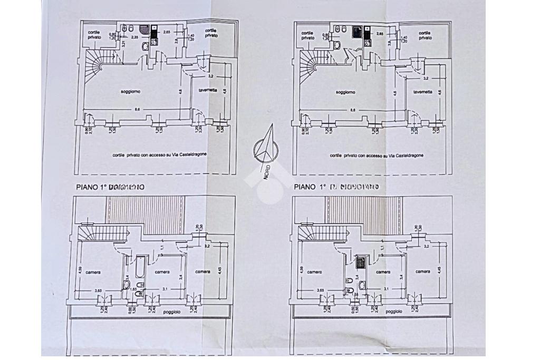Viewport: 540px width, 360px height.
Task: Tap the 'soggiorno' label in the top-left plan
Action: pyautogui.click(x=130, y=92)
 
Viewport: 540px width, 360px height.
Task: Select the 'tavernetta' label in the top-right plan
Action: pyautogui.click(x=423, y=92)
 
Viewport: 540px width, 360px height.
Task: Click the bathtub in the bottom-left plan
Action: pyautogui.click(x=141, y=268)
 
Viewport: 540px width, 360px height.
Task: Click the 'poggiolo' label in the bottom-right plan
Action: pyautogui.click(x=393, y=312)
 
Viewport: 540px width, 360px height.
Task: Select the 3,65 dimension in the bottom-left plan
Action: pyautogui.click(x=98, y=290)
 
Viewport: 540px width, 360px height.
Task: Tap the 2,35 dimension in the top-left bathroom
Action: pyautogui.click(x=134, y=37)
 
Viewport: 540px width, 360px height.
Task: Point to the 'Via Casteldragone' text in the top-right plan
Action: pyautogui.click(x=404, y=155)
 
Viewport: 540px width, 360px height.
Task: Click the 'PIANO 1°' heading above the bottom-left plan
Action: pyautogui.click(x=91, y=187)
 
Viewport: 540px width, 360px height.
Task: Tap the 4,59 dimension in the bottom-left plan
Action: pyautogui.click(x=80, y=270)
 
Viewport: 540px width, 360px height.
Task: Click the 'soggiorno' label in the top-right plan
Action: pyautogui.click(x=345, y=92)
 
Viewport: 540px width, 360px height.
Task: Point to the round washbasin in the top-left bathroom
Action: pyautogui.click(x=145, y=46)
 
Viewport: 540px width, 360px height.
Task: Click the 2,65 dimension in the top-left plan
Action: pyautogui.click(x=167, y=33)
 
